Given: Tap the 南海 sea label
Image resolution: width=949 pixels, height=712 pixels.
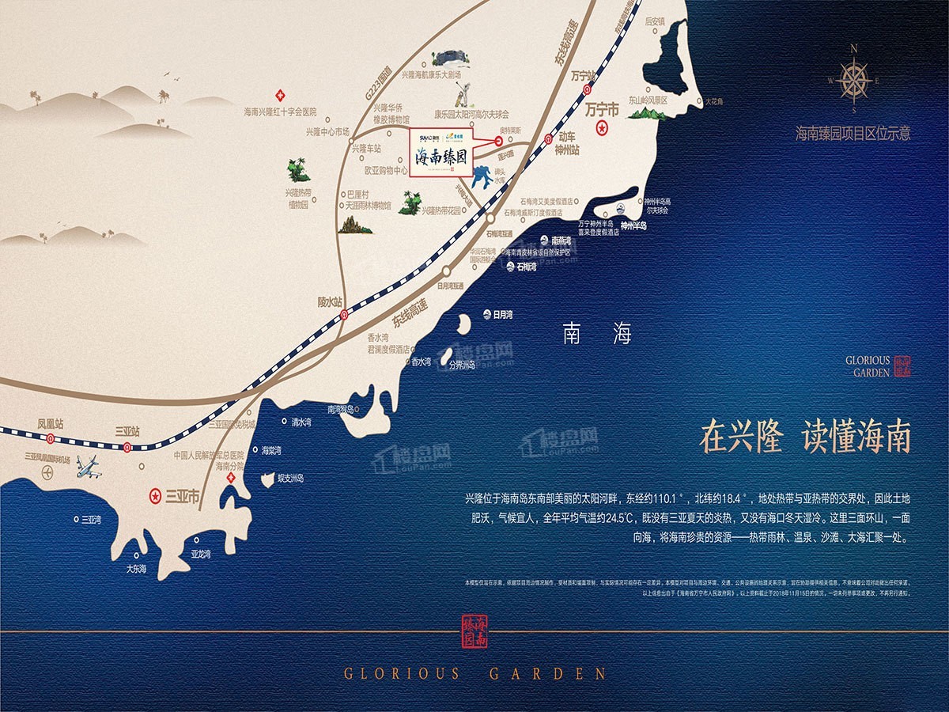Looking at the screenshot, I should pyautogui.click(x=597, y=334).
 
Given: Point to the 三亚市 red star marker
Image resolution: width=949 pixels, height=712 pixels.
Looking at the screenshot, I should pyautogui.click(x=155, y=497).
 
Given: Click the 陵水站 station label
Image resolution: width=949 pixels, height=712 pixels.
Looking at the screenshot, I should pyautogui.click(x=330, y=301).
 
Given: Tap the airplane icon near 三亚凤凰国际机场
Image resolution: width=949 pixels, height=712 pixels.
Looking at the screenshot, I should pyautogui.click(x=89, y=468).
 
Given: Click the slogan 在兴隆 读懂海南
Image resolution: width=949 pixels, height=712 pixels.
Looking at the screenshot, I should pyautogui.click(x=805, y=437).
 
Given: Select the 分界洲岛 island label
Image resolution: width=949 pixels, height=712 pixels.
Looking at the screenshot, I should pyautogui.click(x=462, y=365).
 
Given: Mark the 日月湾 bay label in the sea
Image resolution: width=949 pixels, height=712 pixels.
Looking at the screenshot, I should pyautogui.click(x=503, y=314).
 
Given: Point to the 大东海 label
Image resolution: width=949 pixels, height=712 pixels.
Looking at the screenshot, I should pyautogui.click(x=138, y=569).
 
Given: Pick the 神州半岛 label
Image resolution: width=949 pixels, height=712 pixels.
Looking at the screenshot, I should pyautogui.click(x=633, y=225).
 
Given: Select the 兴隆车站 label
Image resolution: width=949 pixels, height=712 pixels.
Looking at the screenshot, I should pyautogui.click(x=366, y=148).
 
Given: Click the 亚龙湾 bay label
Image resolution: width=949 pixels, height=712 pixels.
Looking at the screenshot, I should pyautogui.click(x=202, y=554).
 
